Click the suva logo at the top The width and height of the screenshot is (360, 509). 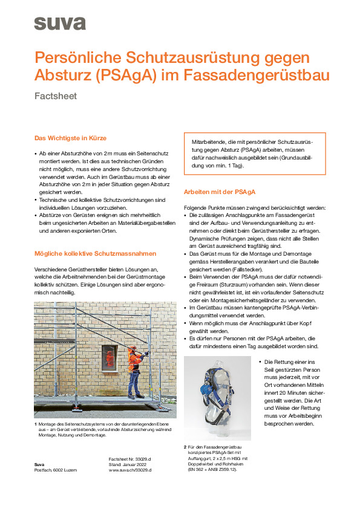[59, 23]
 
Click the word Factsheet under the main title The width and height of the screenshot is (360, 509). [56, 96]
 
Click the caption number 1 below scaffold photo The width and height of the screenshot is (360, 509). [36, 424]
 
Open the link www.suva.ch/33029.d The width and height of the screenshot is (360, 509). [129, 470]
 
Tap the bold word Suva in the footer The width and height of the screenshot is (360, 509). [39, 464]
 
